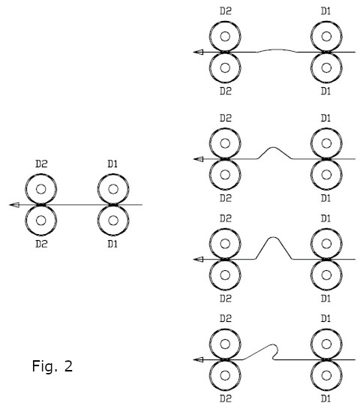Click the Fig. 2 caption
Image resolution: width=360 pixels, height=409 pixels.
click(52, 365)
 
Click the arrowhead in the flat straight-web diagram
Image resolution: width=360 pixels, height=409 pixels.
click(14, 205)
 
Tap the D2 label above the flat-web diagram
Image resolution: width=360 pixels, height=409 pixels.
click(41, 164)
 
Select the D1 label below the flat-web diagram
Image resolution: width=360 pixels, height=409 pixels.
click(112, 244)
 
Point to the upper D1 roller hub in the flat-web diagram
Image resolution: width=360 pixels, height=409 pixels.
click(113, 189)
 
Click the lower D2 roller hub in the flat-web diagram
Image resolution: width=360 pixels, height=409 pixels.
click(41, 221)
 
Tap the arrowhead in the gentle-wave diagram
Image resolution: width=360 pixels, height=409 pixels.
click(199, 53)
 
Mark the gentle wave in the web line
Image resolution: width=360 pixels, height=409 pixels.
click(276, 50)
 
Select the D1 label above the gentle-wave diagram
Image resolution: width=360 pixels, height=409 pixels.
click(325, 11)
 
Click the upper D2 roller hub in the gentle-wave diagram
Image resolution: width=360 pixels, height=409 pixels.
click(225, 37)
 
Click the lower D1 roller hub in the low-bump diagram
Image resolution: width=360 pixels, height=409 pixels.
click(326, 175)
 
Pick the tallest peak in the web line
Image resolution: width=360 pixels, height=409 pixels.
click(273, 237)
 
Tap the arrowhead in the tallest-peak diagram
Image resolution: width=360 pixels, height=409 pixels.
click(199, 259)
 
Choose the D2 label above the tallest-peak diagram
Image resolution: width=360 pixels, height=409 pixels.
click(226, 218)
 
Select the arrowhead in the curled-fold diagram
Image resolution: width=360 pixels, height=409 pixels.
click(199, 359)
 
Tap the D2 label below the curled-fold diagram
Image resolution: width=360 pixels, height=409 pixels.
click(226, 398)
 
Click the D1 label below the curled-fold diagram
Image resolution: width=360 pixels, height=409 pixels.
click(325, 398)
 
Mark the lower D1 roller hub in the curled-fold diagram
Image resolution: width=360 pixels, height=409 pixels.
click(326, 376)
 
